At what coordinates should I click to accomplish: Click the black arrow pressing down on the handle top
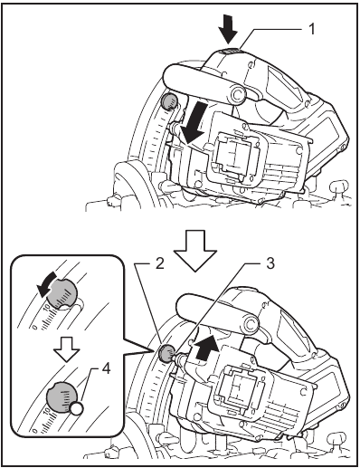tap(227, 33)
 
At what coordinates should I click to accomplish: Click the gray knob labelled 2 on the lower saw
tap(167, 354)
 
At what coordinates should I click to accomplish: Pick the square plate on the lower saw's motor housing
tap(237, 391)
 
